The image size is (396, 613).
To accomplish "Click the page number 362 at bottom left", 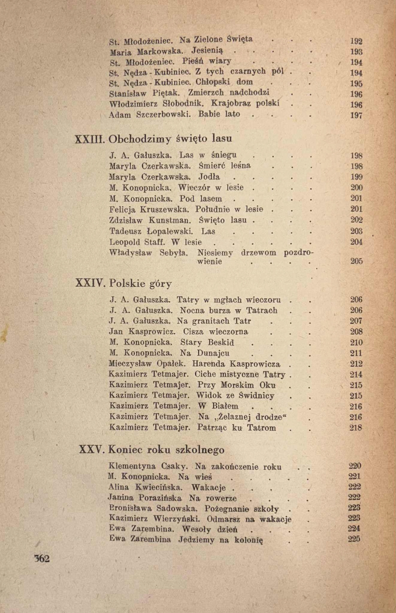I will click(42, 559).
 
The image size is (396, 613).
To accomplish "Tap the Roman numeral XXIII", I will click(90, 139).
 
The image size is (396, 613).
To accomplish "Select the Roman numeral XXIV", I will click(90, 283).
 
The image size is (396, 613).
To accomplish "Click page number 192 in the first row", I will click(356, 41).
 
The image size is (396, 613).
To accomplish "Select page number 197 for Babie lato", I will click(356, 115).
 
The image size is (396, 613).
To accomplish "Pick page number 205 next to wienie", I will click(356, 261).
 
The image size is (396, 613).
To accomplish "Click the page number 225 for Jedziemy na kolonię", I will click(354, 539).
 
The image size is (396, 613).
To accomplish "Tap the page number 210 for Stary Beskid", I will click(356, 342).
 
